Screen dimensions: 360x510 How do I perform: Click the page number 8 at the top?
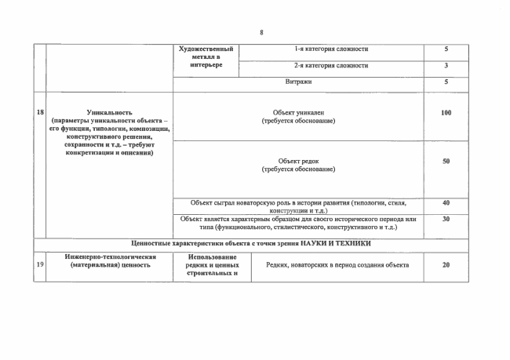tap(261, 32)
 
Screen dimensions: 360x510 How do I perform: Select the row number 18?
tap(39, 112)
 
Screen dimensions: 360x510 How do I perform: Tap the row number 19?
tap(39, 265)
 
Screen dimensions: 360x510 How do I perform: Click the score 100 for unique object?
tap(446, 113)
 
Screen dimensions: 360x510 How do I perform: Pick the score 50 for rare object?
tap(446, 161)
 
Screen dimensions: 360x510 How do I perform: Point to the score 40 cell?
tap(446, 202)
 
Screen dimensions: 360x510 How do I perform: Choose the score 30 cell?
tap(446, 219)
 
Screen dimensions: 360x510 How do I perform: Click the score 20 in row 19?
tap(446, 265)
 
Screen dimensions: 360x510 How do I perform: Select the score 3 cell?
tap(446, 65)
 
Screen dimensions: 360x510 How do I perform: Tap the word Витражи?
tap(298, 81)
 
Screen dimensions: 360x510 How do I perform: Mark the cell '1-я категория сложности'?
tap(331, 49)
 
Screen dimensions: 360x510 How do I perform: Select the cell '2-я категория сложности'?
tap(331, 65)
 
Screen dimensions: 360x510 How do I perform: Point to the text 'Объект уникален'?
tap(298, 113)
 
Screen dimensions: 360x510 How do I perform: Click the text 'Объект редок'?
tap(298, 161)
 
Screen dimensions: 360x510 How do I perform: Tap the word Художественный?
tap(206, 49)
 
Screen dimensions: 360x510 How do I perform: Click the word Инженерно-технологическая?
tap(109, 256)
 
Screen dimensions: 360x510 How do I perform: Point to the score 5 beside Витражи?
tap(446, 81)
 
